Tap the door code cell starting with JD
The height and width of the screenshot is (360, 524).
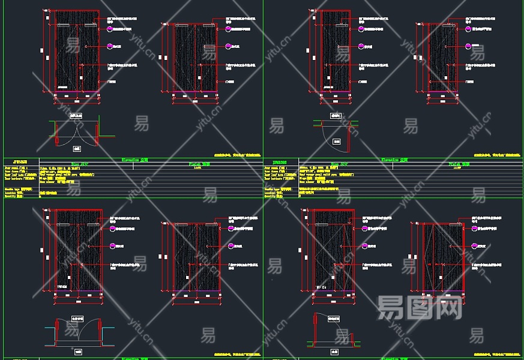[x=280, y=162]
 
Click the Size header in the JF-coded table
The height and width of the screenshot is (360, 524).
[x=79, y=163]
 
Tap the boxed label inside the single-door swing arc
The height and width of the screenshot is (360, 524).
[x=337, y=142]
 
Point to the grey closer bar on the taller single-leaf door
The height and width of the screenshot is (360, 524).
[x=340, y=26]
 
